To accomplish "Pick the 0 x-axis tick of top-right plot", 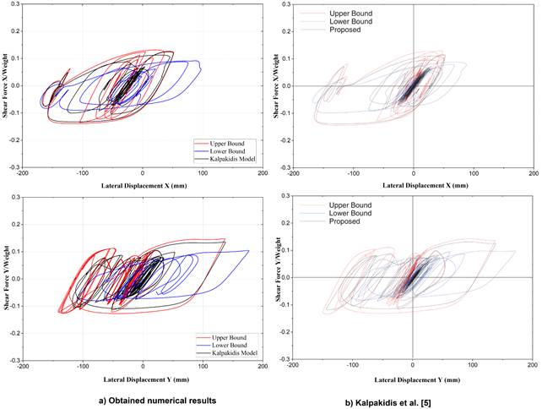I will coord(413,175).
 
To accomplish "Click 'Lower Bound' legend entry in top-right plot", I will coord(343,21).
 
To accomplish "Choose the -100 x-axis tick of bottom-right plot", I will coord(353,367).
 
